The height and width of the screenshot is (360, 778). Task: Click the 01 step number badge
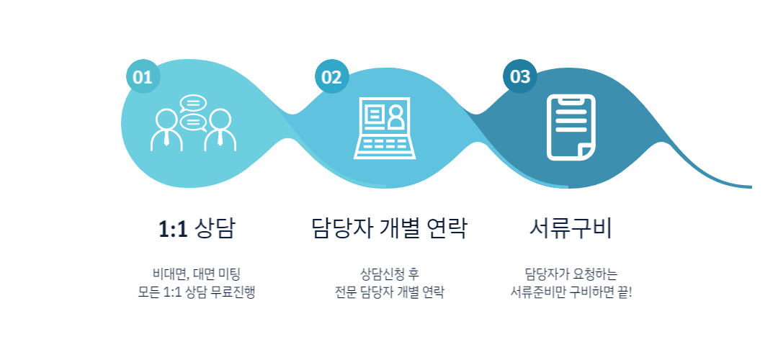[142, 77]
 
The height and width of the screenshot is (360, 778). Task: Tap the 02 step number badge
[331, 77]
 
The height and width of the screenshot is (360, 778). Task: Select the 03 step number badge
[519, 76]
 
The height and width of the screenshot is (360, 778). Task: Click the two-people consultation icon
[193, 124]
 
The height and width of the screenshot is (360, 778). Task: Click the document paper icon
[571, 127]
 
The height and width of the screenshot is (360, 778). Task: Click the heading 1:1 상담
[197, 229]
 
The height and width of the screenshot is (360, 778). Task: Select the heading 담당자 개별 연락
[390, 229]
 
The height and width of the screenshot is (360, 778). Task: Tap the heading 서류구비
[571, 229]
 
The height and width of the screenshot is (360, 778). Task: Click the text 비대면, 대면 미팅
[196, 274]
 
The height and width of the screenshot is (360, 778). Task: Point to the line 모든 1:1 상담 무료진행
[197, 293]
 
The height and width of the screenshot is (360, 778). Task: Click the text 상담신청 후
[390, 274]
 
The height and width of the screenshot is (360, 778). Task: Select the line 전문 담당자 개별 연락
[390, 293]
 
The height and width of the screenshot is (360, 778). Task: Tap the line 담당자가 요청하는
[571, 274]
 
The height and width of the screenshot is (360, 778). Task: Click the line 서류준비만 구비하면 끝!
[571, 293]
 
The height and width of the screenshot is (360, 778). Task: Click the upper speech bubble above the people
[192, 103]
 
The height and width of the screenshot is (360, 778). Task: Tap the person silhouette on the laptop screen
[395, 117]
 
